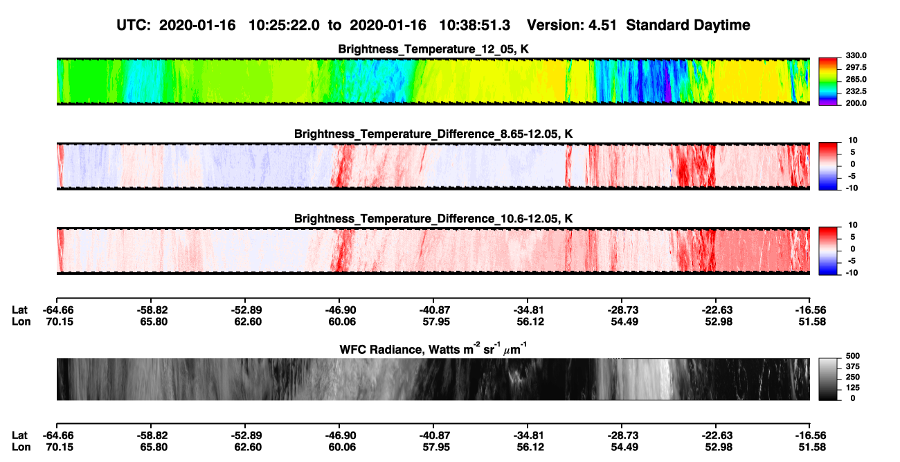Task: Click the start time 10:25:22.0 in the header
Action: pos(284,26)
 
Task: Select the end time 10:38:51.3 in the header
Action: pos(474,26)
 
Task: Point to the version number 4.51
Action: pos(602,26)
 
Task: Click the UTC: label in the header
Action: pos(134,26)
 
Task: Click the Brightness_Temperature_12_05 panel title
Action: pos(433,49)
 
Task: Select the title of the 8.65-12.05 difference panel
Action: pos(433,134)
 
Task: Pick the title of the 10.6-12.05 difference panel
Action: pos(433,219)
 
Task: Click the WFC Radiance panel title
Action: pos(433,349)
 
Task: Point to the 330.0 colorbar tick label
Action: pos(856,55)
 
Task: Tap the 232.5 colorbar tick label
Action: pos(856,91)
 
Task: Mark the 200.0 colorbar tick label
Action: pos(856,103)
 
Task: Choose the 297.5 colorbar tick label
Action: pos(856,68)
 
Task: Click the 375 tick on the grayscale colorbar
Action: pos(852,366)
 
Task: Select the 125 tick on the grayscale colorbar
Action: pos(852,388)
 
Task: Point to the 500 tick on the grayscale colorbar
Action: pos(852,356)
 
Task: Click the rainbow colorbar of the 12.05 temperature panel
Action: pos(828,82)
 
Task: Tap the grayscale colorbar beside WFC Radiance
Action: pos(828,379)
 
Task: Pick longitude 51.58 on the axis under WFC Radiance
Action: pos(812,447)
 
